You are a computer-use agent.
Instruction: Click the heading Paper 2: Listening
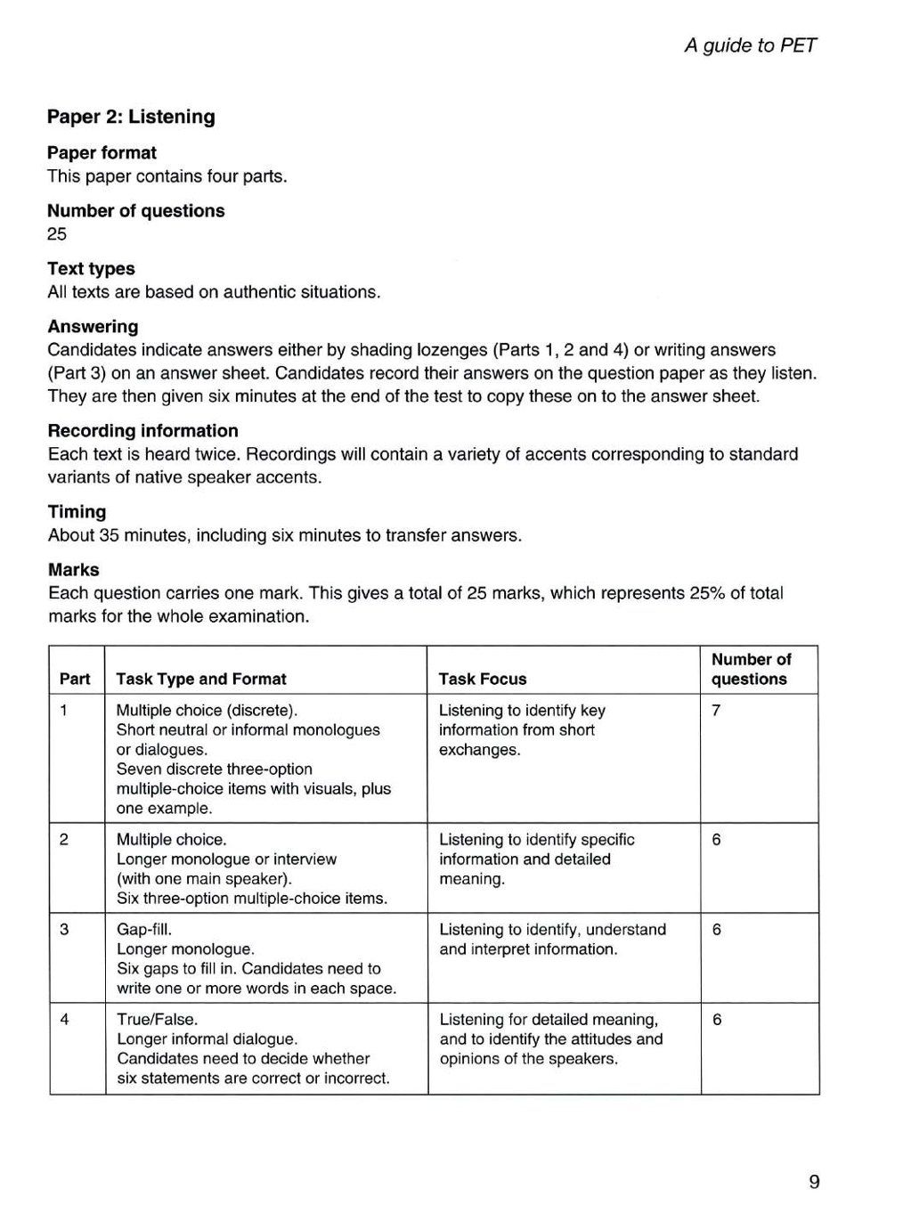click(x=131, y=117)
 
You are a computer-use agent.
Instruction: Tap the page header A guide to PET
click(x=750, y=45)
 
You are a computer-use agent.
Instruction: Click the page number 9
click(x=814, y=1182)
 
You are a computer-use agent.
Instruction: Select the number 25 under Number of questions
click(x=57, y=234)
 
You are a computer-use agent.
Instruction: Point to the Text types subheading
click(x=91, y=268)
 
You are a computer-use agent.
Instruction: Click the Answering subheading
click(x=93, y=326)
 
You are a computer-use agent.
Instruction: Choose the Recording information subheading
click(x=142, y=430)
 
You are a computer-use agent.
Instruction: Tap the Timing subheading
click(x=77, y=511)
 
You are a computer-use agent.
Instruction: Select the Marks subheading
click(x=73, y=569)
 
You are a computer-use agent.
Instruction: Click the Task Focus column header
click(x=483, y=679)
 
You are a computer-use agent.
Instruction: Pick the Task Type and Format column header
click(x=201, y=679)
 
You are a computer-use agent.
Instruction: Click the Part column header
click(x=75, y=679)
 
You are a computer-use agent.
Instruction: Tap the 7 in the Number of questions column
click(x=716, y=710)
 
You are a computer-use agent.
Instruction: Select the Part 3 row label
click(x=64, y=929)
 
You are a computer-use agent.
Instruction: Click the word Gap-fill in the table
click(x=143, y=929)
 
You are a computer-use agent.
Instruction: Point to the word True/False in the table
click(x=157, y=1019)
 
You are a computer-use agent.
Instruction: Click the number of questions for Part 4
click(x=717, y=1019)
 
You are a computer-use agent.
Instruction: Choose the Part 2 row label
click(x=64, y=839)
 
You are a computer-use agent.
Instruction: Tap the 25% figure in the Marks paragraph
click(x=707, y=593)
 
